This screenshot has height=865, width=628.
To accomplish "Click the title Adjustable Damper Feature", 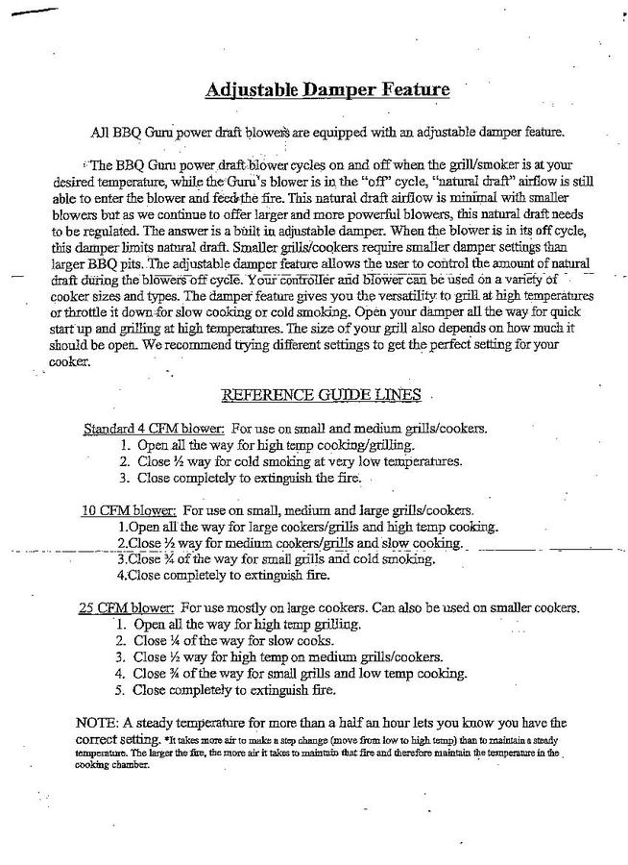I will tap(326, 90).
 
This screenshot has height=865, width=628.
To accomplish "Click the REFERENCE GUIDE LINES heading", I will tap(323, 394).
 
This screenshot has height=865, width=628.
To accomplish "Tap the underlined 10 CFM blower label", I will tap(127, 509).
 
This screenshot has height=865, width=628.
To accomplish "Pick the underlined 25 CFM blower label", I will tap(125, 607).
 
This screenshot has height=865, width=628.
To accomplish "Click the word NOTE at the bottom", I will tap(95, 722).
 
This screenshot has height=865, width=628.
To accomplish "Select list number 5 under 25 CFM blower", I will tap(120, 690).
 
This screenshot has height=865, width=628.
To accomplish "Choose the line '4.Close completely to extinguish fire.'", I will tap(223, 576).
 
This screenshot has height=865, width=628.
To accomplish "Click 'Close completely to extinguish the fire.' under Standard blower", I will tap(248, 478).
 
